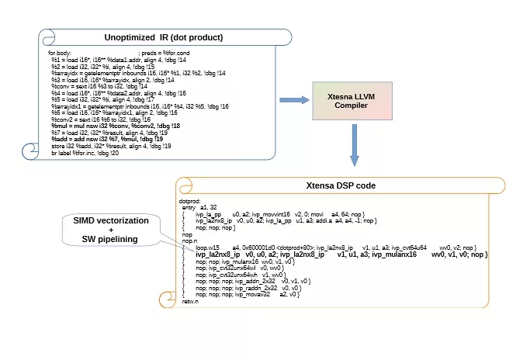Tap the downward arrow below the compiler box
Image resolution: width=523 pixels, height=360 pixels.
tap(355, 147)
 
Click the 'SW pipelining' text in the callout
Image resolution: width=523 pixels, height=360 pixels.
tap(109, 240)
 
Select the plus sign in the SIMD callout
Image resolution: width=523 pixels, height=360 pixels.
tap(109, 231)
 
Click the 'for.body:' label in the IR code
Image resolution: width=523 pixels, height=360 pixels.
tap(61, 52)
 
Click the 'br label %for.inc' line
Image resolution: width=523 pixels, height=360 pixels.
tap(85, 153)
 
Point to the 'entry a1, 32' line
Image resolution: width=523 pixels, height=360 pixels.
tap(198, 208)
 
